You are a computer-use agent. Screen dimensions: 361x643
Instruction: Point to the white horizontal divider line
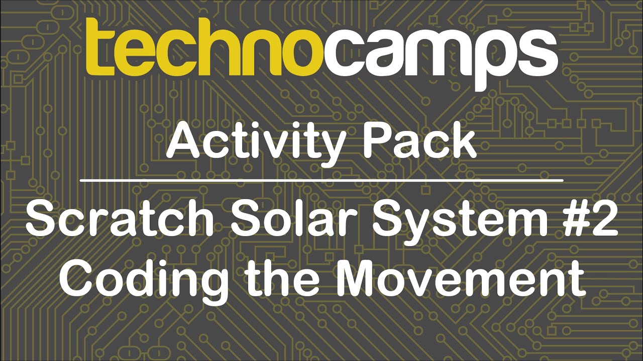pyautogui.click(x=321, y=179)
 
